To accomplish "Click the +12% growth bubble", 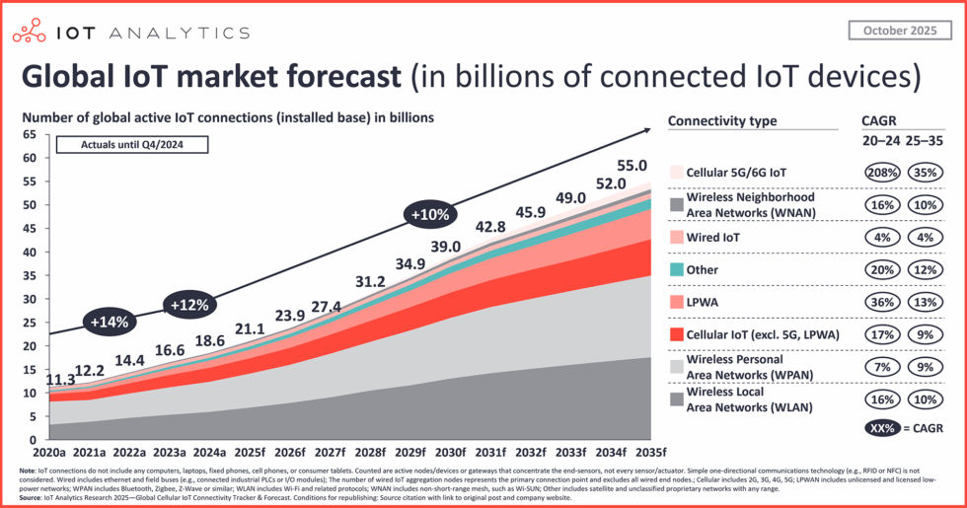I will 192,305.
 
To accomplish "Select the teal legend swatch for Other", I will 676,269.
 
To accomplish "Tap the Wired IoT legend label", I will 714,237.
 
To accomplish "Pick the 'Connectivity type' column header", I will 721,121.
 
